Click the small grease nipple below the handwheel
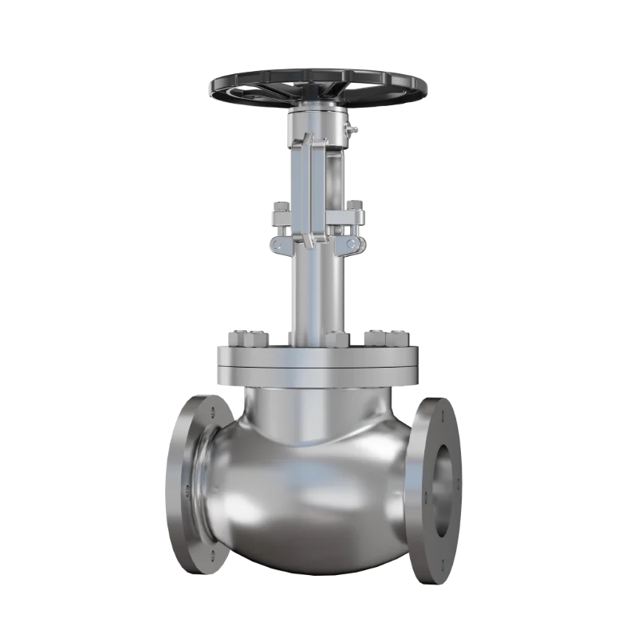coord(352,128)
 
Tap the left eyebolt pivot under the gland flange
coord(280,242)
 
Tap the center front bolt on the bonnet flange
coord(334,339)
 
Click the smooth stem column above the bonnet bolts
coord(317,295)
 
